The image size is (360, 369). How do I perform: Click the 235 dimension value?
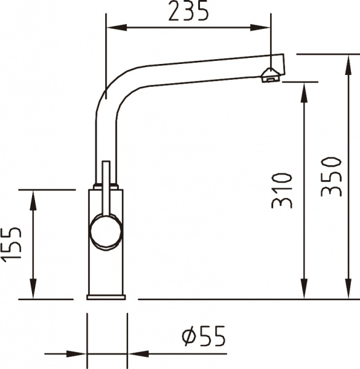click(x=188, y=11)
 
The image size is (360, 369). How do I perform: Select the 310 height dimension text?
click(x=281, y=190)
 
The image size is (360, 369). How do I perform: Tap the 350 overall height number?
click(x=330, y=177)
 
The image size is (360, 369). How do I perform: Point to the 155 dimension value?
click(x=12, y=252)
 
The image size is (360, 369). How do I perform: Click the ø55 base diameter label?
click(x=203, y=336)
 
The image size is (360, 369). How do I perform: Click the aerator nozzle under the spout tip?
click(x=270, y=75)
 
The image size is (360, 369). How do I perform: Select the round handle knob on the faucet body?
click(x=106, y=231)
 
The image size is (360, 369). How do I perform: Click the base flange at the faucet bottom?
click(x=106, y=298)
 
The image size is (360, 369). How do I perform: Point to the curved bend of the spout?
click(x=111, y=92)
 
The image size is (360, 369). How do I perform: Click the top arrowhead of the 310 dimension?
click(x=303, y=89)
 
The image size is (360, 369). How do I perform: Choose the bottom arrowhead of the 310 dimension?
click(x=303, y=292)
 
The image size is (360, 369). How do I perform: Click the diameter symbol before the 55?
click(x=189, y=336)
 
